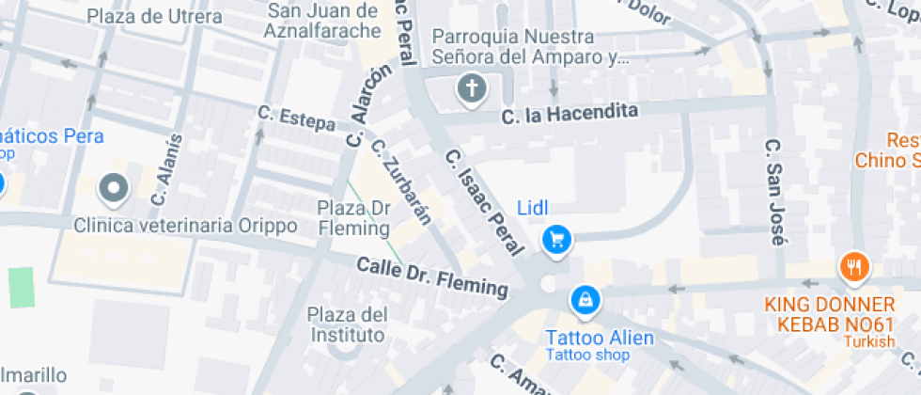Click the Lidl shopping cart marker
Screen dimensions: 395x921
tap(556, 240)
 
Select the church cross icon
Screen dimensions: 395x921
tap(471, 90)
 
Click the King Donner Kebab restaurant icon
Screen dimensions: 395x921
tap(853, 267)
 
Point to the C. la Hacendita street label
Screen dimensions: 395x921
tap(570, 114)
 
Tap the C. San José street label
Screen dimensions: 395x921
tap(774, 193)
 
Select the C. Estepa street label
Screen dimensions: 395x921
tap(296, 118)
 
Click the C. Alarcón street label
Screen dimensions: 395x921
tap(367, 108)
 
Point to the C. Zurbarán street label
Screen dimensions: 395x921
tap(400, 182)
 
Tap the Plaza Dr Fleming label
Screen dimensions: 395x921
tap(353, 217)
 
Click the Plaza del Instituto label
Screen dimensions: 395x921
tap(348, 324)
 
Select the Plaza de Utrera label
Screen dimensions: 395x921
tap(154, 16)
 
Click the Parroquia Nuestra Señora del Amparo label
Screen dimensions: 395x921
tap(526, 47)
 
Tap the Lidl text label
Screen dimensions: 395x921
tap(533, 207)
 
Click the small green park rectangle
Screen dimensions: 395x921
tap(21, 286)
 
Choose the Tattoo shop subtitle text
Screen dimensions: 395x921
tap(588, 355)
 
